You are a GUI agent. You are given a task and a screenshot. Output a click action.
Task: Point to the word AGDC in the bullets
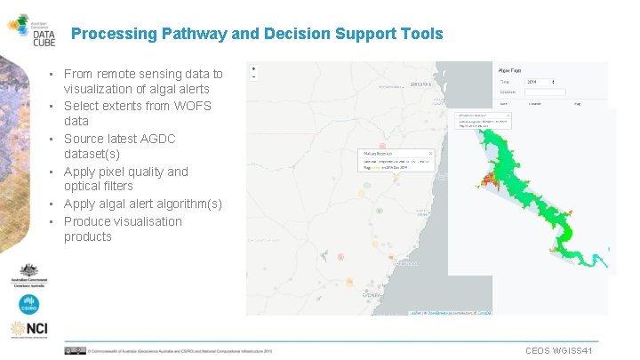click(158, 139)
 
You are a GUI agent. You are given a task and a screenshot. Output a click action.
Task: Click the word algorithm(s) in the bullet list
click(188, 204)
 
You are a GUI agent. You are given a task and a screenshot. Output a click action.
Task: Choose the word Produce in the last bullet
click(90, 221)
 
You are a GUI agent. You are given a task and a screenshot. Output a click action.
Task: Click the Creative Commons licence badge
click(75, 351)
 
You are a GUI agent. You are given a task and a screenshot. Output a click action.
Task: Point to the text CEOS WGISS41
click(564, 350)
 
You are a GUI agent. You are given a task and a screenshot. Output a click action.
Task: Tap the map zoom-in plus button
click(254, 68)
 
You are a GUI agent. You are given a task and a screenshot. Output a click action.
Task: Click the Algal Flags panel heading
click(511, 68)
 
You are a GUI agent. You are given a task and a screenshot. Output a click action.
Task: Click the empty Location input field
click(546, 92)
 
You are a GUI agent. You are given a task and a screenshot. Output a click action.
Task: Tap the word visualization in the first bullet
click(99, 89)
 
